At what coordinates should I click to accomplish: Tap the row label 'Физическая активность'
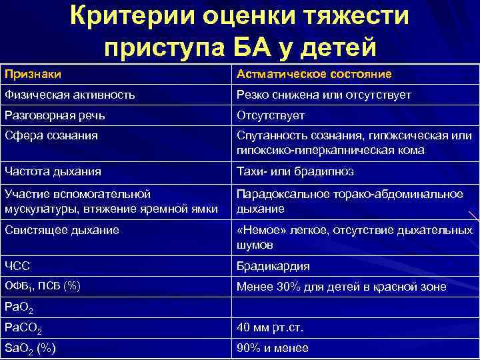pos(69,95)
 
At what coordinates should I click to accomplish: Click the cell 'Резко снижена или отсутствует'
pos(324,95)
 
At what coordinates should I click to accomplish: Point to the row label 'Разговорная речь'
pos(55,115)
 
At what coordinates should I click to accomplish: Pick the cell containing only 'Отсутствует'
pos(271,115)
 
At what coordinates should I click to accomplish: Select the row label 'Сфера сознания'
pos(51,136)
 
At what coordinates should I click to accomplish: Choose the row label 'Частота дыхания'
pos(53,172)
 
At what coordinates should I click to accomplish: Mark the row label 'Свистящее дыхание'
pos(61,230)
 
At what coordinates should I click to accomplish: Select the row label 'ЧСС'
pos(17,266)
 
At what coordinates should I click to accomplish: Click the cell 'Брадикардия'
pos(274,266)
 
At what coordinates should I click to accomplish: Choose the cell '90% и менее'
pos(273,348)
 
